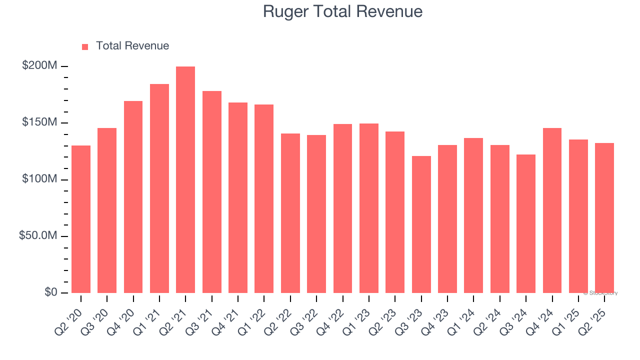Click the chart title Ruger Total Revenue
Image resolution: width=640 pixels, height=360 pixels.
click(x=342, y=11)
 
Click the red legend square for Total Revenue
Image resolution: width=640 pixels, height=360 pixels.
click(x=85, y=46)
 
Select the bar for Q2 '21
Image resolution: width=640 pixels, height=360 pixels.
click(x=185, y=180)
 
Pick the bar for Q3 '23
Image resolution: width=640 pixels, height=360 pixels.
click(x=421, y=224)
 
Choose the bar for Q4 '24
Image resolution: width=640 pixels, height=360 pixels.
click(x=552, y=210)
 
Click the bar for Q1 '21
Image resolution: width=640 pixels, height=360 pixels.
click(x=159, y=188)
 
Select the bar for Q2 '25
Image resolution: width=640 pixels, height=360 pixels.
click(x=604, y=218)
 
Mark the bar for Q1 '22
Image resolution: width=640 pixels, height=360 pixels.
click(x=264, y=198)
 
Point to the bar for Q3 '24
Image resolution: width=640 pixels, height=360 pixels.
click(x=526, y=223)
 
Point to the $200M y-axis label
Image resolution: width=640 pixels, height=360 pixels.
click(x=39, y=66)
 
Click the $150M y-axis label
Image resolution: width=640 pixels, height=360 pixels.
click(x=39, y=122)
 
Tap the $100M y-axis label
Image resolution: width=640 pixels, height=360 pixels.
click(x=39, y=179)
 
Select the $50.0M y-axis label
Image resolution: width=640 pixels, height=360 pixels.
click(x=38, y=235)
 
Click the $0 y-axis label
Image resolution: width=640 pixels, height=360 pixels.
click(x=50, y=292)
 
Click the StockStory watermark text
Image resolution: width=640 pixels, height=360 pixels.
click(x=601, y=293)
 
